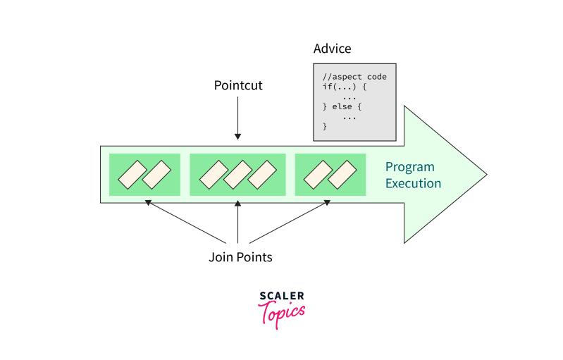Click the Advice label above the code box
332,49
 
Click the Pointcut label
238,86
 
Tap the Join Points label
240,257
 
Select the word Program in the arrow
409,168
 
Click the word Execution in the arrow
413,184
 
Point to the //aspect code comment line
354,77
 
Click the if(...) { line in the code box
345,87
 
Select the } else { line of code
342,106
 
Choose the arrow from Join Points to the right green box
289,223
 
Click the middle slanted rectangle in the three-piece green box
238,175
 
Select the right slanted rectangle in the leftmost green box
156,175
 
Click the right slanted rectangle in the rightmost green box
342,175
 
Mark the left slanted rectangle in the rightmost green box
318,175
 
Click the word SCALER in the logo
282,296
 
